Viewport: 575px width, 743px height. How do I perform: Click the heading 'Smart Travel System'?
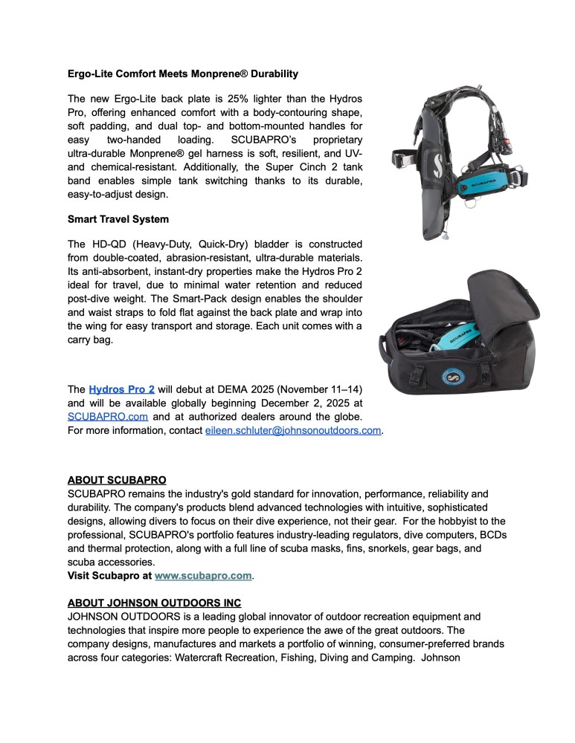(x=118, y=219)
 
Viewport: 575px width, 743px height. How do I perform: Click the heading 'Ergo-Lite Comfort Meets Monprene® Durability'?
(x=182, y=74)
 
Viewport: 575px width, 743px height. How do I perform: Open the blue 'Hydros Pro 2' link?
(x=121, y=389)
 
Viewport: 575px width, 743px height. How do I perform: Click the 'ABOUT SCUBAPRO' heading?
(x=117, y=480)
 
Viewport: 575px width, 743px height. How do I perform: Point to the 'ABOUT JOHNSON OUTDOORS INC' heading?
(x=154, y=603)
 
